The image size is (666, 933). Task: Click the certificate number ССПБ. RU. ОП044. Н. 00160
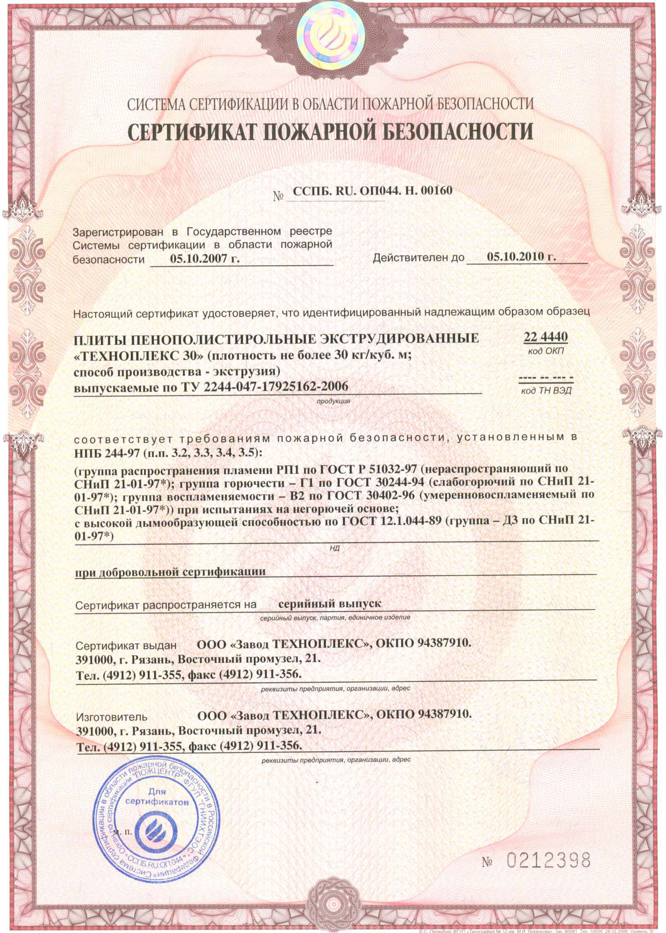coord(372,191)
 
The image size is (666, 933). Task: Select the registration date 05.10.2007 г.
coord(205,259)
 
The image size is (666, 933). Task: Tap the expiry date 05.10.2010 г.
coord(521,257)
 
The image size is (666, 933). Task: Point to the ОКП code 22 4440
coord(545,337)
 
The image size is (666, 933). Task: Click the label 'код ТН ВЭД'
coord(546,391)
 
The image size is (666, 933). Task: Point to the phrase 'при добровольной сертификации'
coord(170,572)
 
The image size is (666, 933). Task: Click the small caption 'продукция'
coord(333,401)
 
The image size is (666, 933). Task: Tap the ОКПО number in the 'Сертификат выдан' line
coord(444,643)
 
